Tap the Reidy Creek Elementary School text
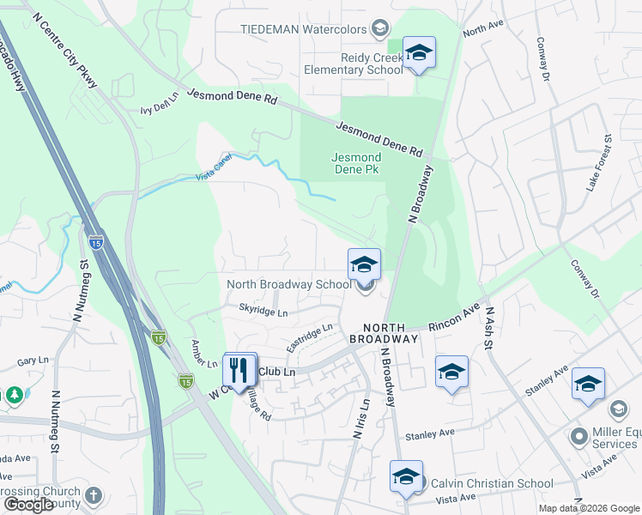click(353, 64)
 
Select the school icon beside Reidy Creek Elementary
click(418, 54)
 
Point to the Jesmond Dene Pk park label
click(356, 163)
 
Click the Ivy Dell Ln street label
click(159, 105)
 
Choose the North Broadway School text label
click(288, 284)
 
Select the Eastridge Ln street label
click(309, 336)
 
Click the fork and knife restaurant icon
click(239, 370)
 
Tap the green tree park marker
click(14, 394)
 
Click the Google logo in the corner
click(28, 505)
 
